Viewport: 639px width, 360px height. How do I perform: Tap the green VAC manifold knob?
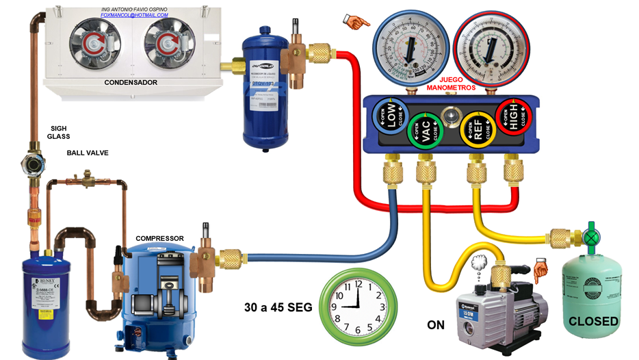pyautogui.click(x=425, y=130)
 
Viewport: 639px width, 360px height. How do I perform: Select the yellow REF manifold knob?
pyautogui.click(x=478, y=130)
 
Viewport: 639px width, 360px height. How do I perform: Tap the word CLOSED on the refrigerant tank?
pyautogui.click(x=594, y=321)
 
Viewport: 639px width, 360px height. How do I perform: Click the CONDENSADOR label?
pyautogui.click(x=131, y=83)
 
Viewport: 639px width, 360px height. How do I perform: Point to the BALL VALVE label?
pyautogui.click(x=88, y=153)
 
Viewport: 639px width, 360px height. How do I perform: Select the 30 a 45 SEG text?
pyautogui.click(x=278, y=307)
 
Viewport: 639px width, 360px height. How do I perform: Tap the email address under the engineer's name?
pyautogui.click(x=133, y=15)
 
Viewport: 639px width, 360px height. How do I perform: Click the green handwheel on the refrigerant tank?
pyautogui.click(x=590, y=237)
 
